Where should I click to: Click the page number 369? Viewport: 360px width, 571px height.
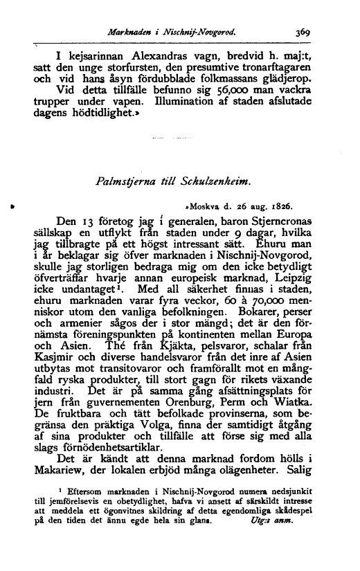(302, 30)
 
